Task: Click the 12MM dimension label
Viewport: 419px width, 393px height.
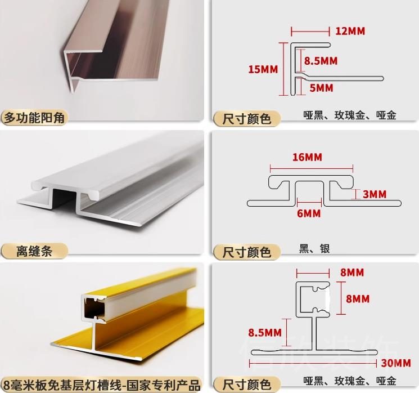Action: pyautogui.click(x=350, y=30)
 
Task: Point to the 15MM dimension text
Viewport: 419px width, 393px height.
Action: pyautogui.click(x=263, y=69)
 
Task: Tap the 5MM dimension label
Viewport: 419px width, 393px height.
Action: pyautogui.click(x=321, y=88)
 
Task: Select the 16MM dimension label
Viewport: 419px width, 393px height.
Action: pyautogui.click(x=307, y=157)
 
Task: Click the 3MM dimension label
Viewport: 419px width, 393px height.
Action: pyautogui.click(x=374, y=194)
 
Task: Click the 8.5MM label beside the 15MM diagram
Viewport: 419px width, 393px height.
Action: pyautogui.click(x=321, y=60)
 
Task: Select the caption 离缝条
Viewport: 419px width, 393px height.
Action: pyautogui.click(x=34, y=251)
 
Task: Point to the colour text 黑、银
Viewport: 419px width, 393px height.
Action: pyautogui.click(x=314, y=248)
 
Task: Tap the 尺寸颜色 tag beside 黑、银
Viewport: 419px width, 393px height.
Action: pyautogui.click(x=247, y=251)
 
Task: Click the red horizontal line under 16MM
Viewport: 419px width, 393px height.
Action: pyautogui.click(x=312, y=167)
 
